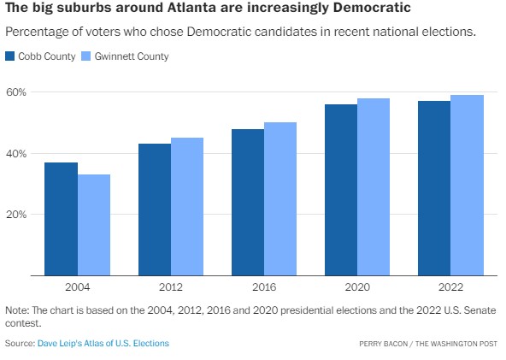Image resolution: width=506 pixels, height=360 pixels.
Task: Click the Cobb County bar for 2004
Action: (61, 219)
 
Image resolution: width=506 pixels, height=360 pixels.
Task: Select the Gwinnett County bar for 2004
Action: (94, 225)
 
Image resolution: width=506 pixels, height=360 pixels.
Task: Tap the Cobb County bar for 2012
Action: (155, 210)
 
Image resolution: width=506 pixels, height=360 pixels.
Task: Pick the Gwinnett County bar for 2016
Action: (280, 199)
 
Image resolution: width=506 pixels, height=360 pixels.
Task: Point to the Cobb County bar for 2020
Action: (341, 190)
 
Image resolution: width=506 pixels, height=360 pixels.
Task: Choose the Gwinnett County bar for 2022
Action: (468, 186)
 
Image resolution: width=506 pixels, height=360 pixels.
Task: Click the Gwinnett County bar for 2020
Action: (374, 187)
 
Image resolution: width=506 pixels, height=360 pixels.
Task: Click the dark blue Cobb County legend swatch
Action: (10, 56)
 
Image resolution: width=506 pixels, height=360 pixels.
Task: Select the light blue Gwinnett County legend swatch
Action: (87, 56)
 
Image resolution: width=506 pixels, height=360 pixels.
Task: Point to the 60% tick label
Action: (18, 92)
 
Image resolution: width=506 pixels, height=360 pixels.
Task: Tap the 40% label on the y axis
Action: (18, 154)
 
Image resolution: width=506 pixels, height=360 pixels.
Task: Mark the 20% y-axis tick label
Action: (18, 215)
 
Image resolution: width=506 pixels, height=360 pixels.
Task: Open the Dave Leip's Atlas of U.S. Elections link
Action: (103, 343)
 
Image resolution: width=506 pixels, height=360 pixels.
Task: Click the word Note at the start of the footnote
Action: (16, 310)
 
